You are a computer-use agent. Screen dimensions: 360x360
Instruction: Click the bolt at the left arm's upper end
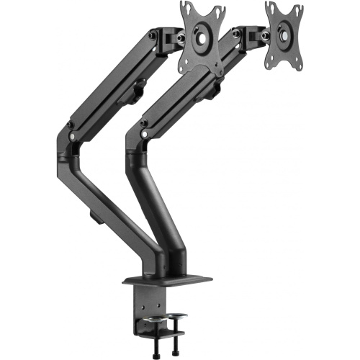pos(153,35)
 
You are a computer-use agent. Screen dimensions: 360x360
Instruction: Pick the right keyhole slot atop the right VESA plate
pos(295,7)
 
